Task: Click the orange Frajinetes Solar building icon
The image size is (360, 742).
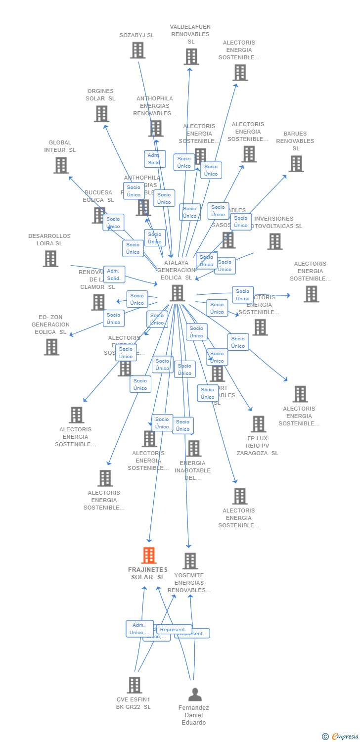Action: pos(149,556)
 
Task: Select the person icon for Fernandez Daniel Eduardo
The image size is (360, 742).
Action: pos(195,695)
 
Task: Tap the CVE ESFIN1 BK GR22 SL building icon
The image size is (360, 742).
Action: pos(135,685)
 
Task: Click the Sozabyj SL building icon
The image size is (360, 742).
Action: pos(137,50)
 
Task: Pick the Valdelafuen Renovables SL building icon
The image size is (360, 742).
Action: pos(191,56)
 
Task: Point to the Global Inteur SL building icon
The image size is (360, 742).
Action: pos(61,165)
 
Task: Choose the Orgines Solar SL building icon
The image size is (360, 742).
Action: pos(101,114)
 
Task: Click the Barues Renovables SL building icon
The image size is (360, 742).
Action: pos(296,164)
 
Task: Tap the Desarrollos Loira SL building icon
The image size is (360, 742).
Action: pos(50,259)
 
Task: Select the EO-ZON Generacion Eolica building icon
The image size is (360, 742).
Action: pos(51,347)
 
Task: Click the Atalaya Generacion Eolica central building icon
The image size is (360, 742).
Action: pos(177,293)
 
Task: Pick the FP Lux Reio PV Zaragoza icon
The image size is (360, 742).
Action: pos(258,424)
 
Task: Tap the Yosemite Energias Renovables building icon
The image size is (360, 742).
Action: pos(190,561)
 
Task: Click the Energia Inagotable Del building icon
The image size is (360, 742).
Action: pos(193,449)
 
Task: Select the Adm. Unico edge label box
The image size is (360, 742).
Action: pos(139,629)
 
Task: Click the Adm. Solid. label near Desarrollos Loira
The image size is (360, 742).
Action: pos(114,275)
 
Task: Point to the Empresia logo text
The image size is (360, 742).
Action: pos(345,737)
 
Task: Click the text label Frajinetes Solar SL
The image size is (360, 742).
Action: pos(148,573)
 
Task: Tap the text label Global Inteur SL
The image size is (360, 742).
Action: pos(60,146)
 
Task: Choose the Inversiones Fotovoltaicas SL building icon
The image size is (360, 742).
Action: pos(275,241)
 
